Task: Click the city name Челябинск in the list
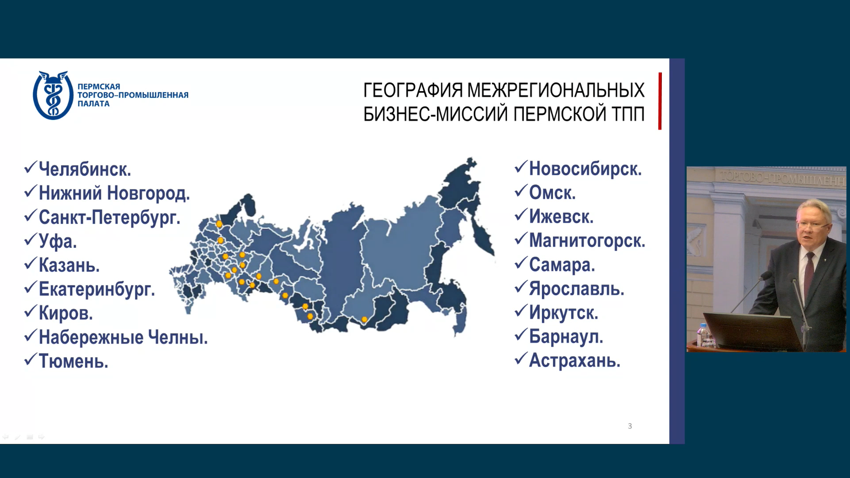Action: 85,170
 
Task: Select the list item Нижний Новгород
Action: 114,193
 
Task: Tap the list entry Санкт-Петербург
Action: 109,217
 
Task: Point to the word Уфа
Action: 58,241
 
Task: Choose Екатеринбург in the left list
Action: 97,289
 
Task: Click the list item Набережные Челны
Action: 123,337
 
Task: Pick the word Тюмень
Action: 73,361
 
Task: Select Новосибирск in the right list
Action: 585,169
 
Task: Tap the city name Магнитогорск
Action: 587,241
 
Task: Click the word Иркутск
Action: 563,313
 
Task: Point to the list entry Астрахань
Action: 574,361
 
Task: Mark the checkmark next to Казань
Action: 30,263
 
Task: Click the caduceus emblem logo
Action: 53,96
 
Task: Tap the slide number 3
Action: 630,426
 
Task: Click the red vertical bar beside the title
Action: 660,101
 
